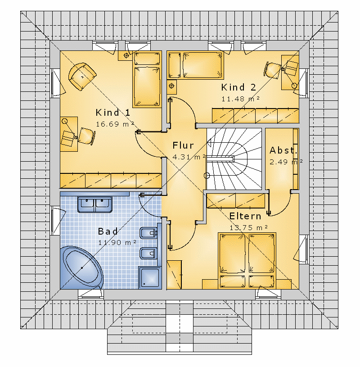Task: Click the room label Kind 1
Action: pos(113,113)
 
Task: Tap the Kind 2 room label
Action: pos(238,87)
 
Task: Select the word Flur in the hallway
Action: pos(183,145)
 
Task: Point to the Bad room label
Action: pos(108,231)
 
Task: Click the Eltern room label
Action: pos(245,216)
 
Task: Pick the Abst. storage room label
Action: pos(283,150)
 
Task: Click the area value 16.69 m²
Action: pos(115,124)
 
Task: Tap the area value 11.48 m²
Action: pos(240,99)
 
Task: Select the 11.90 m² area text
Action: pos(117,242)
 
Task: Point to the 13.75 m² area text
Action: pos(249,227)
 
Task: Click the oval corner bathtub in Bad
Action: pos(81,267)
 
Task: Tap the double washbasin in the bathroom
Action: pos(95,204)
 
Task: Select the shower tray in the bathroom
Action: pos(150,278)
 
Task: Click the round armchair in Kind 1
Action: pos(82,76)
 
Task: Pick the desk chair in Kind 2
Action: pos(273,69)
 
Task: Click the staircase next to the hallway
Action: pos(234,159)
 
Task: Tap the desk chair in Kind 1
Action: pos(86,136)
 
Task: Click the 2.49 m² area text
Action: pos(286,162)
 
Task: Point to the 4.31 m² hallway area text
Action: pos(189,157)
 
